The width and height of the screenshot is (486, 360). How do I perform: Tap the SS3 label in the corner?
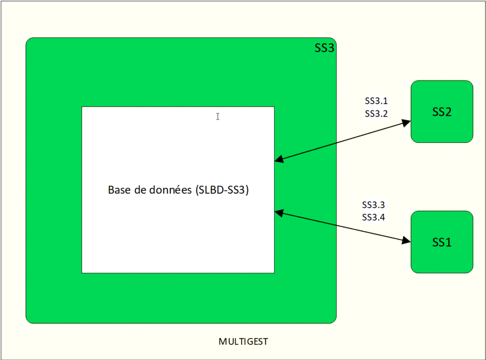tap(325, 48)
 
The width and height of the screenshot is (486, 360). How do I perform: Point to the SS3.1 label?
tap(376, 101)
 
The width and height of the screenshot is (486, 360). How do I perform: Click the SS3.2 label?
tap(376, 113)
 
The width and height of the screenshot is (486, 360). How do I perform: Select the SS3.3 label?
tap(374, 205)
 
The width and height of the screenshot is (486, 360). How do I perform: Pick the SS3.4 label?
tap(374, 218)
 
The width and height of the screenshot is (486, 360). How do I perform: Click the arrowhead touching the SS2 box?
tap(406, 123)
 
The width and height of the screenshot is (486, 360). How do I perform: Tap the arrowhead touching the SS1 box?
tap(406, 241)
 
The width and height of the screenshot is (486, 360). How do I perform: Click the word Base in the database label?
tap(118, 190)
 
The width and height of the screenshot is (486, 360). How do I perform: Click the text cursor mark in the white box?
tap(218, 116)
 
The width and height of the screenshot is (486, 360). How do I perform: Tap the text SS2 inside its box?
tap(441, 112)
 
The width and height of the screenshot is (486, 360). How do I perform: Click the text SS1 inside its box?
tap(441, 242)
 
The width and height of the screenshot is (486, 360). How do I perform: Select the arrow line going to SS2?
tap(342, 141)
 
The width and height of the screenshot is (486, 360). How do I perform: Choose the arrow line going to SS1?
tap(342, 227)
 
